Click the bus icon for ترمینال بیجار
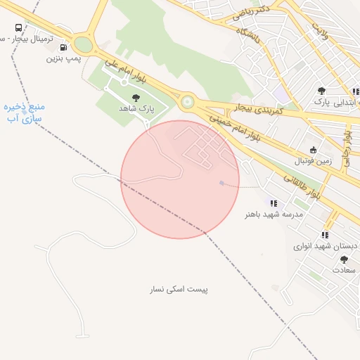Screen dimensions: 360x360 pyautogui.click(x=18, y=29)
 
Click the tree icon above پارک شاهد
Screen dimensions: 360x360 pyautogui.click(x=136, y=98)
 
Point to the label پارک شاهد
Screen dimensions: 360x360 pyautogui.click(x=136, y=109)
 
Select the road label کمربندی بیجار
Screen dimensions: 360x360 pyautogui.click(x=259, y=110)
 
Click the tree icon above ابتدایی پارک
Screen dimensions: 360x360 pyautogui.click(x=321, y=91)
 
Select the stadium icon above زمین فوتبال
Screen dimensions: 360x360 pyautogui.click(x=314, y=150)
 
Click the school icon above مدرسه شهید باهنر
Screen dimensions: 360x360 pyautogui.click(x=274, y=203)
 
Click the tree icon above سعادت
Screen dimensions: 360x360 pyautogui.click(x=344, y=259)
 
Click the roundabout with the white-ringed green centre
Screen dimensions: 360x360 pyautogui.click(x=187, y=103)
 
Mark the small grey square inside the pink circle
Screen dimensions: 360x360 pyautogui.click(x=221, y=183)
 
